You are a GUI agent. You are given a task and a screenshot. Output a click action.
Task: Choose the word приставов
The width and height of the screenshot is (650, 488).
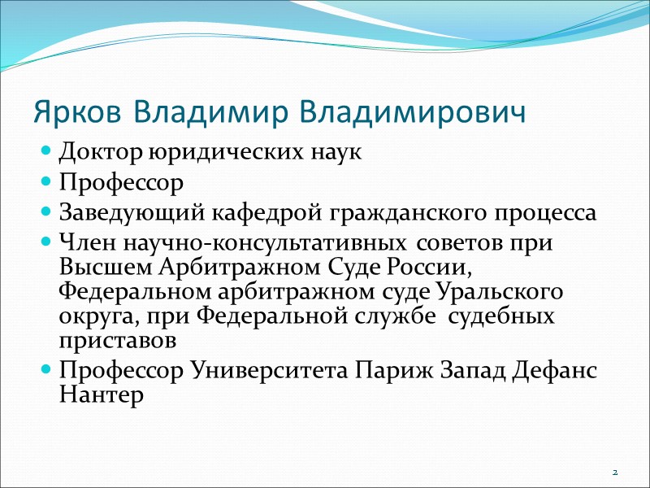point(115,335)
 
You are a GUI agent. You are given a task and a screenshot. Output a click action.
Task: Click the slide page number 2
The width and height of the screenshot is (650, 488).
point(615,473)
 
